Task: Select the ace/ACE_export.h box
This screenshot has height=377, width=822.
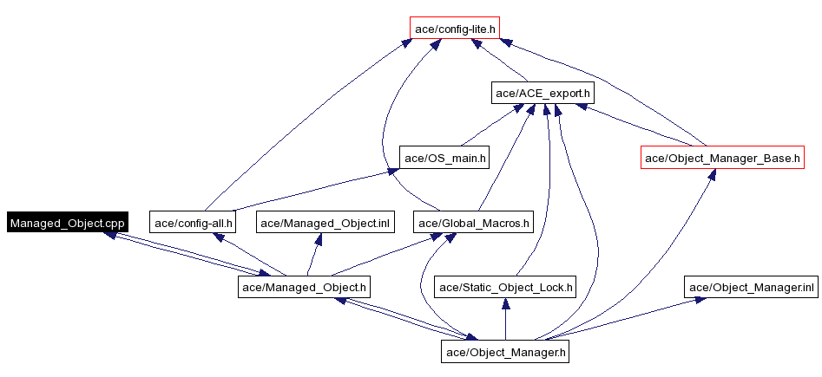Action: [543, 92]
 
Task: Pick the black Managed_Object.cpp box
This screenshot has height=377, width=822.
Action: [68, 223]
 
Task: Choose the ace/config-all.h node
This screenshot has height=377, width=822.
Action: [193, 223]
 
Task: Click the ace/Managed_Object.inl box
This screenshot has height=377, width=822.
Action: [326, 223]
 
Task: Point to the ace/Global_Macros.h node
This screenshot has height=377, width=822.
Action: [473, 223]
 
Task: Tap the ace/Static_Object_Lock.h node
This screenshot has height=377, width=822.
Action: [506, 287]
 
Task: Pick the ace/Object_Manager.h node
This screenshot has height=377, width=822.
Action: [506, 352]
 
